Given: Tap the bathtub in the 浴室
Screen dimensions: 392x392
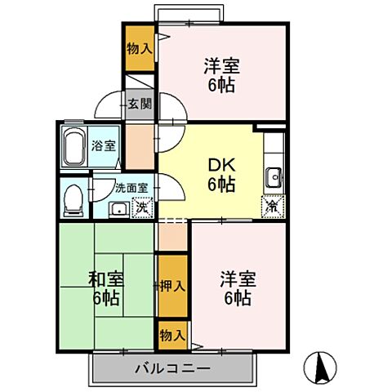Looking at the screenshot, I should (75, 147).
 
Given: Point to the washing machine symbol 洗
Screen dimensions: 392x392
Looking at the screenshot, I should (141, 207).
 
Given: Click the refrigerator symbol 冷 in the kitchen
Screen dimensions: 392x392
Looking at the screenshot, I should (271, 207).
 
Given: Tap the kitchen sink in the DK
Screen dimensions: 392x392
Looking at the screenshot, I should (273, 176).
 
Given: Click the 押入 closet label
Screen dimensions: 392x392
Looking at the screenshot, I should (171, 287).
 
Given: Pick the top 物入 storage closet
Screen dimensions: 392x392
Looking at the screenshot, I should (139, 48).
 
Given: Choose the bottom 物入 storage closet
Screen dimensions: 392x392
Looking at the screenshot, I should (171, 335).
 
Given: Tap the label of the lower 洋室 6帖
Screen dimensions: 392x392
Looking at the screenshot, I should (238, 288).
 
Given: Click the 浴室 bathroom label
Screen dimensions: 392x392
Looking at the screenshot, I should (105, 146).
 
